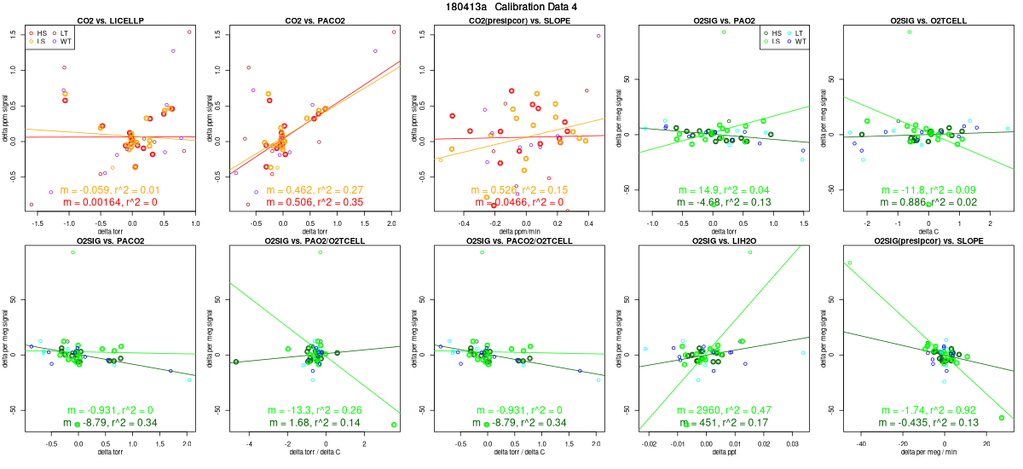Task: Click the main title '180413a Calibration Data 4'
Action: pos(511,6)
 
